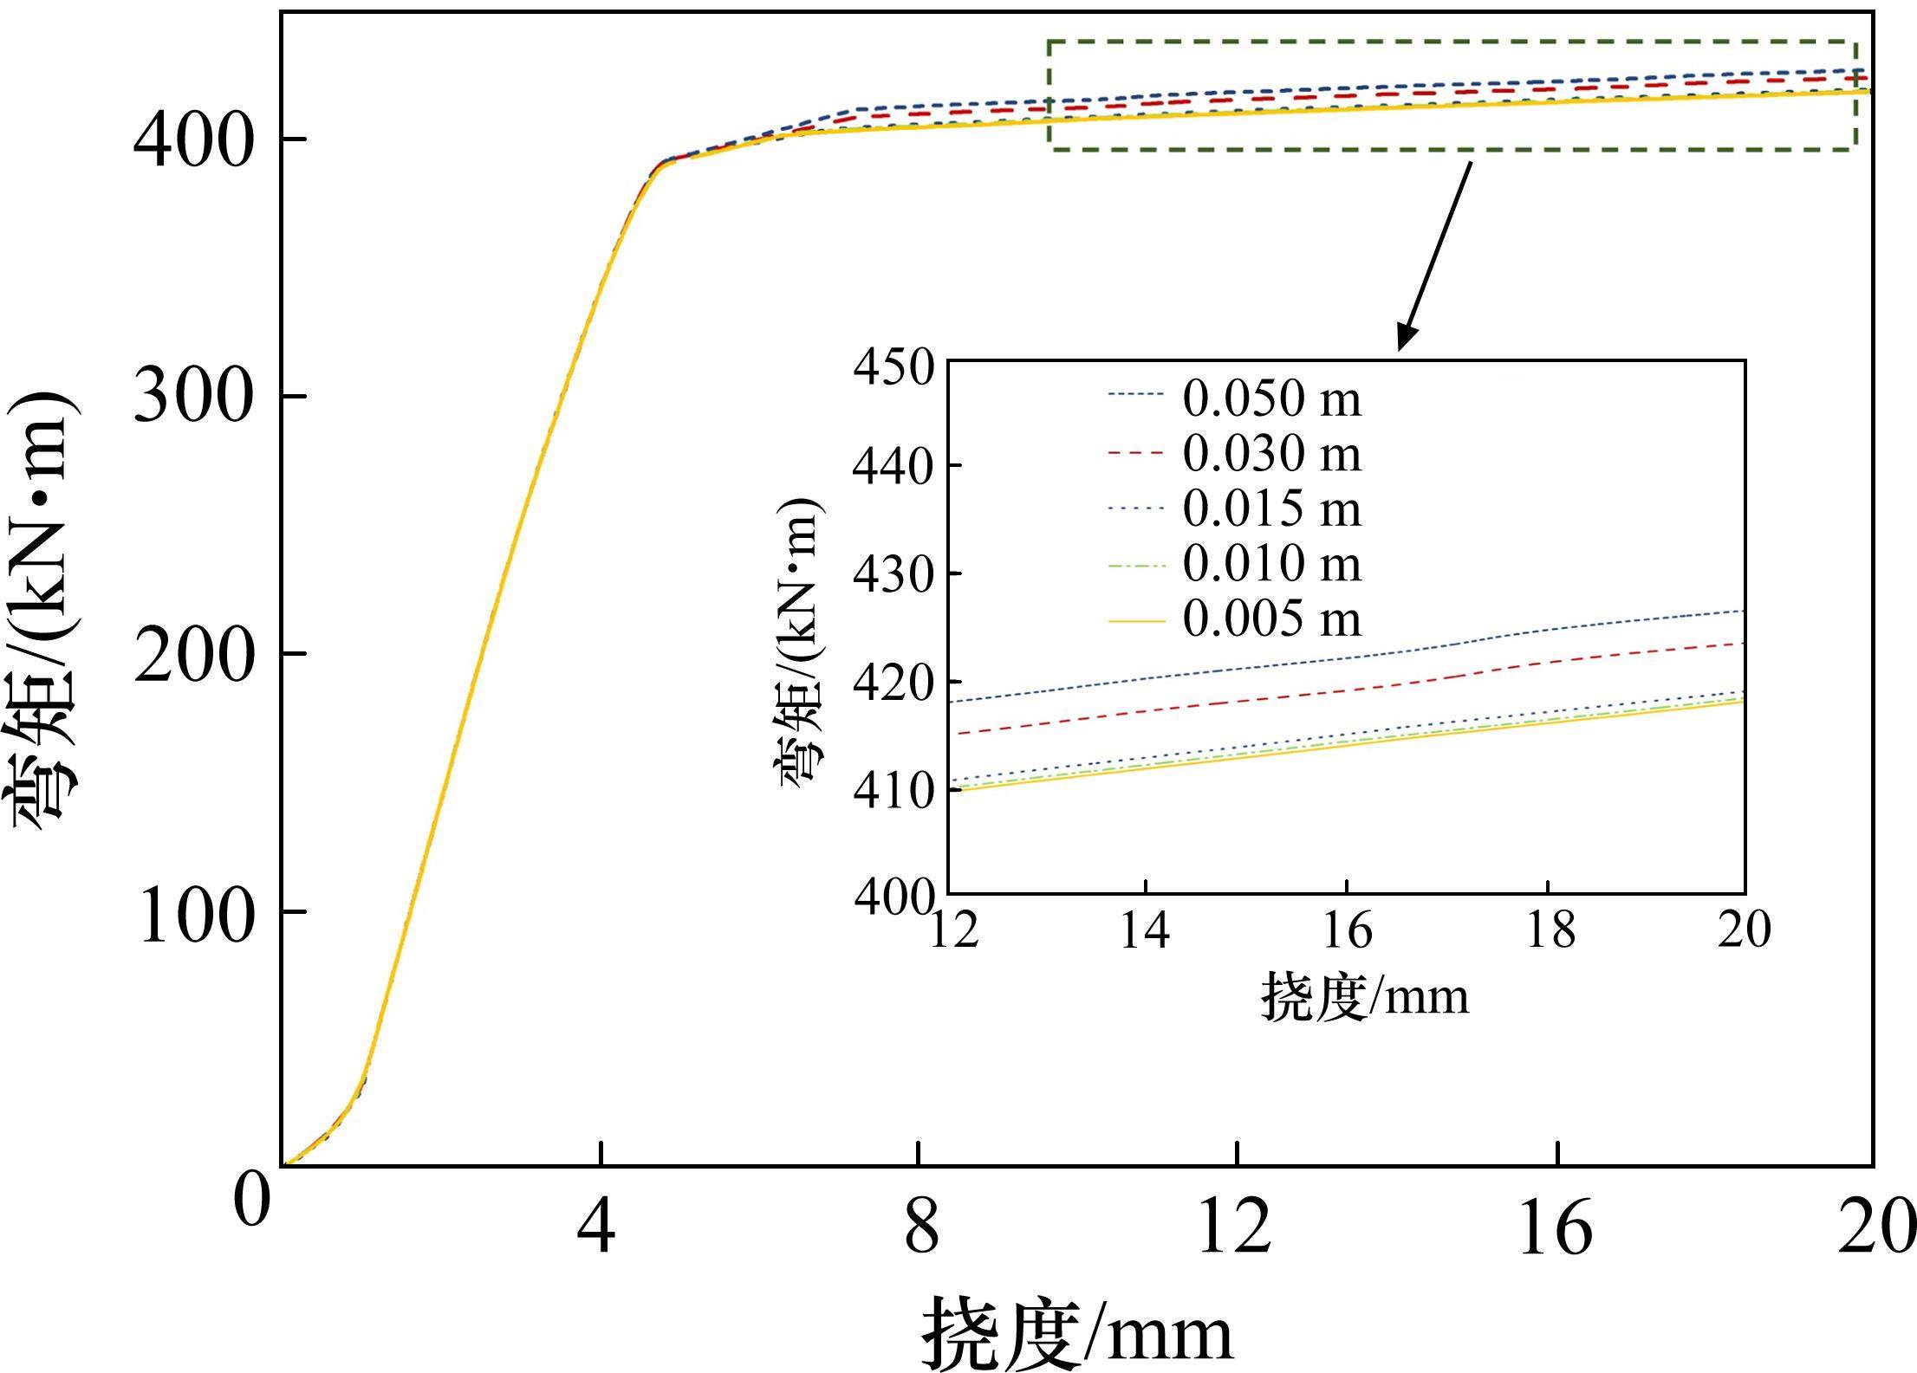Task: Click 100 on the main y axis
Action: point(196,915)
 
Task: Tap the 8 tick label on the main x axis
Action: point(921,1228)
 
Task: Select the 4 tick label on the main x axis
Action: point(597,1228)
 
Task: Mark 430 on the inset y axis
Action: point(893,573)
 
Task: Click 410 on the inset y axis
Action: point(893,790)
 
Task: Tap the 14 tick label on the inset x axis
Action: point(1145,932)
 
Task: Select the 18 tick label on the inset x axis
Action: point(1550,932)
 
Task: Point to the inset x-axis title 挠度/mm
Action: point(1365,996)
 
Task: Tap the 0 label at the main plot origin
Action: point(251,1201)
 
